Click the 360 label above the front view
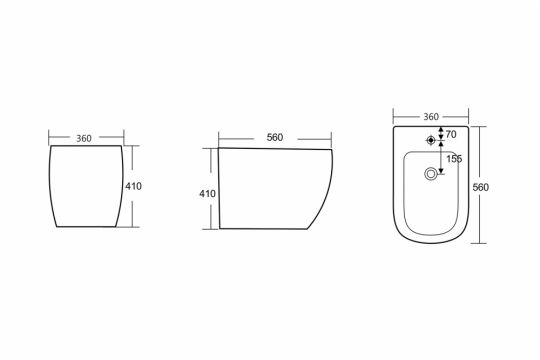pos(84,138)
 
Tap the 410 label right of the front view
pos(133,186)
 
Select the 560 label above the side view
pos(275,137)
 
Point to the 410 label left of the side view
pos(207,194)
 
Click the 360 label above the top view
pos(431,117)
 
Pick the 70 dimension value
pos(451,135)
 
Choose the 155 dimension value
pos(454,159)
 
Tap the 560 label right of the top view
pos(480,187)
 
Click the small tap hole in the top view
pos(430,140)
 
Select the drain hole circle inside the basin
pos(430,174)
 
